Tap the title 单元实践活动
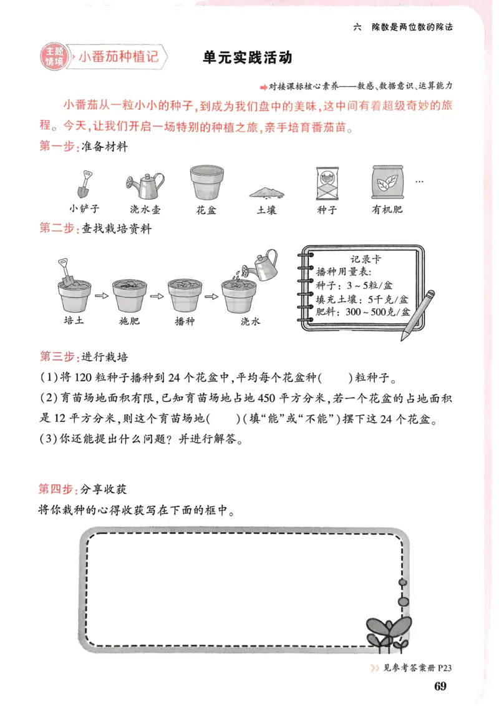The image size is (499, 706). (247, 58)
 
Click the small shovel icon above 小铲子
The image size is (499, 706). (84, 183)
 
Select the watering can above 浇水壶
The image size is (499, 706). (145, 184)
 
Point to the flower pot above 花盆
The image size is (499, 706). (206, 182)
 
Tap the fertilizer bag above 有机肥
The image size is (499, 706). (387, 182)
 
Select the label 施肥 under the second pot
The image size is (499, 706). (128, 321)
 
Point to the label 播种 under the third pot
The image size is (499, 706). (185, 321)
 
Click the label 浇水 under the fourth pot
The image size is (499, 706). (249, 321)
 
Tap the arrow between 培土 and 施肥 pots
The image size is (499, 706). (101, 295)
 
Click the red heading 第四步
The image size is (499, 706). (56, 488)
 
